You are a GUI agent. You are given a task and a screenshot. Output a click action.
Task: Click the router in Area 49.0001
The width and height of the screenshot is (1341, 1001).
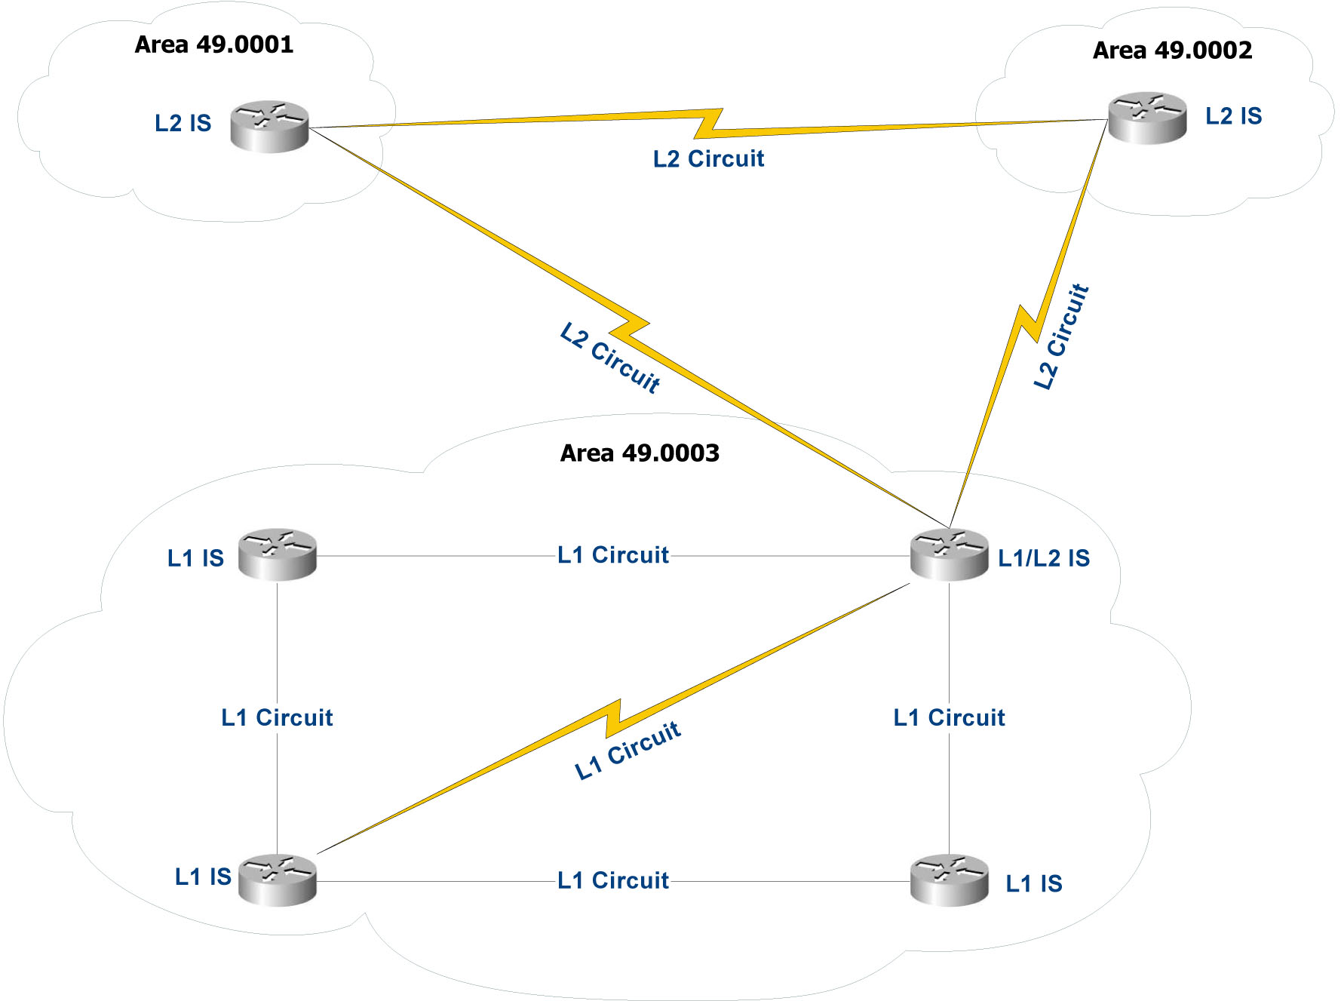click(269, 126)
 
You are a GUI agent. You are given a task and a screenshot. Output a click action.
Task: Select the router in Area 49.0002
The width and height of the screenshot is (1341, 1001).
click(1147, 118)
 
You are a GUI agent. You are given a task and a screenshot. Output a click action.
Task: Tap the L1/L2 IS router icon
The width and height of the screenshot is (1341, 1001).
click(949, 554)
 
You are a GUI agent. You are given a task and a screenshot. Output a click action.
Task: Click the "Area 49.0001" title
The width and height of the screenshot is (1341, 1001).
click(213, 45)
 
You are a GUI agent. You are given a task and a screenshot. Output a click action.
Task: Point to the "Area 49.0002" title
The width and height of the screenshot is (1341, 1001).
click(1172, 51)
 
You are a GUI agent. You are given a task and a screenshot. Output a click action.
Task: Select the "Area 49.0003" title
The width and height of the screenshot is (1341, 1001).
click(640, 453)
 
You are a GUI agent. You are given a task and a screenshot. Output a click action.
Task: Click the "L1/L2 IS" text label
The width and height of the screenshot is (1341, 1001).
click(1044, 558)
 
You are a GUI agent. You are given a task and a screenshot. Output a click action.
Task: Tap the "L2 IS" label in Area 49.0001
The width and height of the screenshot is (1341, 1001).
click(183, 123)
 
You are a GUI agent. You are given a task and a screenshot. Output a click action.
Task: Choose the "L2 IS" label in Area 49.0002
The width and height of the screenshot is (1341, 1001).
click(1233, 116)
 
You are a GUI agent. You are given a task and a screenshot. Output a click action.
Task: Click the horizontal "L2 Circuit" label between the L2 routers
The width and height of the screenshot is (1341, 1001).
click(708, 158)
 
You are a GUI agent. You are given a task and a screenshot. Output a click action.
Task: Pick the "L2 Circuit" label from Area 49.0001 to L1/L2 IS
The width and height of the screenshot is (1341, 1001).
click(610, 358)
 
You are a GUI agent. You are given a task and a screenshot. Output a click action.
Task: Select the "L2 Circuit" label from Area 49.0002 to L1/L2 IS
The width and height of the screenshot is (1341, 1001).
click(1060, 337)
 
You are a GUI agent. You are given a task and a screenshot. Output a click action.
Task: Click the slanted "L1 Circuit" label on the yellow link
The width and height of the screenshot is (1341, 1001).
click(628, 751)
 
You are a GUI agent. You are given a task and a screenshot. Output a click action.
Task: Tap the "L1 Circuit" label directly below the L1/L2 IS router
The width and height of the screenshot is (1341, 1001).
click(949, 717)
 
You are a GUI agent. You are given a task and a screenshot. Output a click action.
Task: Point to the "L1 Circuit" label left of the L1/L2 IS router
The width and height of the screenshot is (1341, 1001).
click(612, 555)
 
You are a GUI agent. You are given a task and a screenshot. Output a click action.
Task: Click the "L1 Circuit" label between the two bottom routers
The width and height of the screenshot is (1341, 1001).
click(612, 880)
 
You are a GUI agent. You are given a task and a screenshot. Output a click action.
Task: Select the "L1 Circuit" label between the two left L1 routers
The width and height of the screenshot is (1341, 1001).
click(277, 717)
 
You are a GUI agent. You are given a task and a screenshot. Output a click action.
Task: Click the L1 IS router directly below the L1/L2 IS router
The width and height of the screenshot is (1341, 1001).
click(949, 880)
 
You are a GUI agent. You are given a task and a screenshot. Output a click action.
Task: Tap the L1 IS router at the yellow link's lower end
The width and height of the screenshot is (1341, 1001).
click(277, 880)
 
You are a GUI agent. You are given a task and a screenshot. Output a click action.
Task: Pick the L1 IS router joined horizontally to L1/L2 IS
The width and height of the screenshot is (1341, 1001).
click(277, 554)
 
